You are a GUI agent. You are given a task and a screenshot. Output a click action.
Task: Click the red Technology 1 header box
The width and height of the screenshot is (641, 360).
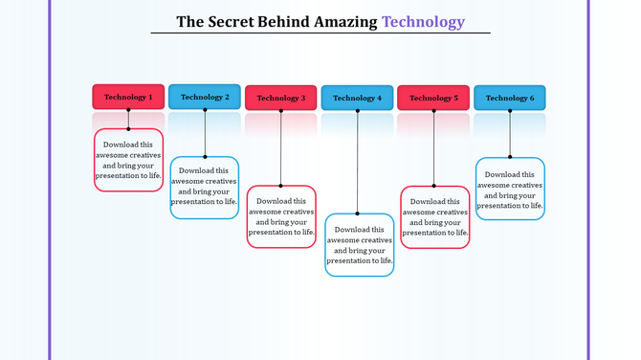pos(128,97)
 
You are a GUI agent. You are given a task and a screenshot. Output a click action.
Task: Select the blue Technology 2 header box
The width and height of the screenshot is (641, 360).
pos(205,97)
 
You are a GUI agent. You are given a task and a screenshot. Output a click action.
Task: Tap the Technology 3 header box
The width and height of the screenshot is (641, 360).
pos(281,98)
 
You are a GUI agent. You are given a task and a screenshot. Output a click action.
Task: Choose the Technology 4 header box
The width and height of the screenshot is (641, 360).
pos(357,98)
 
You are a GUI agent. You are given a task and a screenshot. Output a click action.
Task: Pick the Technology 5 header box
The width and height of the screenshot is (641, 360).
pos(433,98)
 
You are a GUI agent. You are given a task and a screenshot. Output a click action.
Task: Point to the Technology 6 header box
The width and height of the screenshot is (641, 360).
pos(510,98)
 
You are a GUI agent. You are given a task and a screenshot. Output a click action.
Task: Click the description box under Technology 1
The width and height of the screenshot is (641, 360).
pos(128,160)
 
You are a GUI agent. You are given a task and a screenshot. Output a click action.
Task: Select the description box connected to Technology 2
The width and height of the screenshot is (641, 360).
pos(205,188)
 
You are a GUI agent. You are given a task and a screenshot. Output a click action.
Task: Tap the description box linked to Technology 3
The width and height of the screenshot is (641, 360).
pos(281,216)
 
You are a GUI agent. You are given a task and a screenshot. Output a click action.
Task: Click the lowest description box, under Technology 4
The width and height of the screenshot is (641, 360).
pos(359,245)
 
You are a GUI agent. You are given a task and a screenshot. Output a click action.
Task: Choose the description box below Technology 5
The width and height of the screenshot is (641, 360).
pos(434,217)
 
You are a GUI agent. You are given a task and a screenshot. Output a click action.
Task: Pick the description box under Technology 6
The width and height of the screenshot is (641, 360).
pos(510,189)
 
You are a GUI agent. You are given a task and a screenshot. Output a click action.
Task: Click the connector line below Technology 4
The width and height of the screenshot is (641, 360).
pos(357,163)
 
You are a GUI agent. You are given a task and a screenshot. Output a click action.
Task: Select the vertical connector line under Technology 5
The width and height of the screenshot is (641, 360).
pos(433,148)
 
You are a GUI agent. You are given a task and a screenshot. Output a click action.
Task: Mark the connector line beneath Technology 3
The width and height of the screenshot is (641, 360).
pos(281,148)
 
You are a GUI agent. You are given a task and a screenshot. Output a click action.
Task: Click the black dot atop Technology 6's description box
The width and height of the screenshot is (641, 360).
pos(510,157)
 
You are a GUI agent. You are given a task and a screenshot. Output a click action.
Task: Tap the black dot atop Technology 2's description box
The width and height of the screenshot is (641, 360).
pos(205,157)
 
